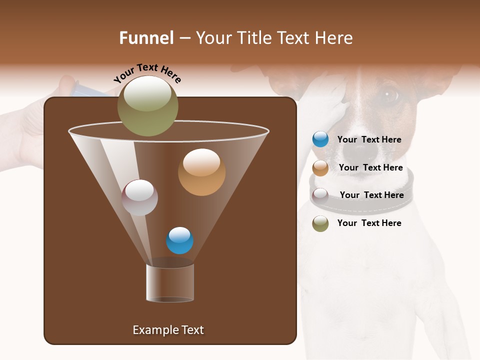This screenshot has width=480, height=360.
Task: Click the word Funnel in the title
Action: click(x=146, y=38)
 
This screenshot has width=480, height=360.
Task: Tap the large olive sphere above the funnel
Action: click(x=147, y=106)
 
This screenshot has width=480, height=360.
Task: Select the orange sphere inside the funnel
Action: click(x=201, y=172)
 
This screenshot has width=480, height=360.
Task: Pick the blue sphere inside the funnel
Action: click(x=179, y=240)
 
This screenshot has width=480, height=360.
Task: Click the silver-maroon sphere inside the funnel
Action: click(x=139, y=197)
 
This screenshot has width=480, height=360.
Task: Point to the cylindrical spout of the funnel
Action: click(x=170, y=283)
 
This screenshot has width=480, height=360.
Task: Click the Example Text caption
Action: click(x=168, y=330)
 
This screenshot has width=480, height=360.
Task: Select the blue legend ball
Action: click(x=320, y=139)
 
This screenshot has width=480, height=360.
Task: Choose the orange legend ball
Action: click(x=320, y=168)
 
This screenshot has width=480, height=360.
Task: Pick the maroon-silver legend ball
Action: click(x=320, y=195)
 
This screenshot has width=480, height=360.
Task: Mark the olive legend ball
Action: click(x=320, y=223)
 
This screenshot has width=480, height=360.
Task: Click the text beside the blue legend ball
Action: click(x=369, y=140)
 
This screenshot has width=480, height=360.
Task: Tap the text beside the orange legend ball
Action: click(x=370, y=168)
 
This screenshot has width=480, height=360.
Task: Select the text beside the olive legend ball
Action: click(x=369, y=223)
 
